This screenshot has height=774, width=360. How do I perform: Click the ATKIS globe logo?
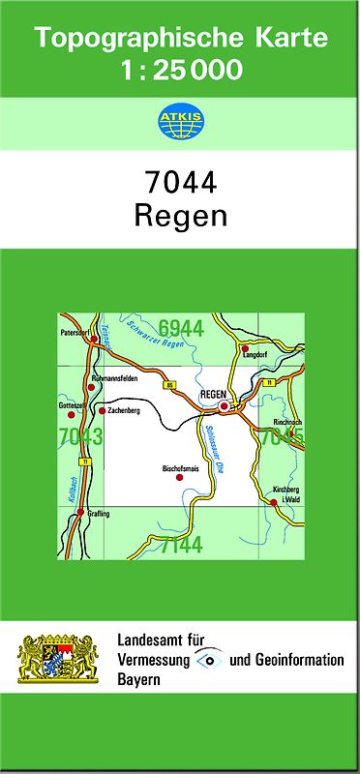pyautogui.click(x=180, y=123)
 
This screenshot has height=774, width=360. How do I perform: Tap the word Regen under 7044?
pyautogui.click(x=180, y=215)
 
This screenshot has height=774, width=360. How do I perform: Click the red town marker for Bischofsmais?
pyautogui.click(x=178, y=477)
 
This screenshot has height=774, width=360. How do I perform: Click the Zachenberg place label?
pyautogui.click(x=127, y=411)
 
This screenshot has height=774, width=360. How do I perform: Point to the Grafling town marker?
pyautogui.click(x=80, y=512)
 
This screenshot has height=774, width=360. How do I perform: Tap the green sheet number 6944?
pyautogui.click(x=181, y=329)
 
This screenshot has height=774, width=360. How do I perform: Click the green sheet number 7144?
pyautogui.click(x=181, y=545)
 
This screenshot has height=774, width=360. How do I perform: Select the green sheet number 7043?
pyautogui.click(x=79, y=436)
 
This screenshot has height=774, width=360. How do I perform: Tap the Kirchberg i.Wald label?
pyautogui.click(x=285, y=493)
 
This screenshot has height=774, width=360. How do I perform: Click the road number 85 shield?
pyautogui.click(x=170, y=386)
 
